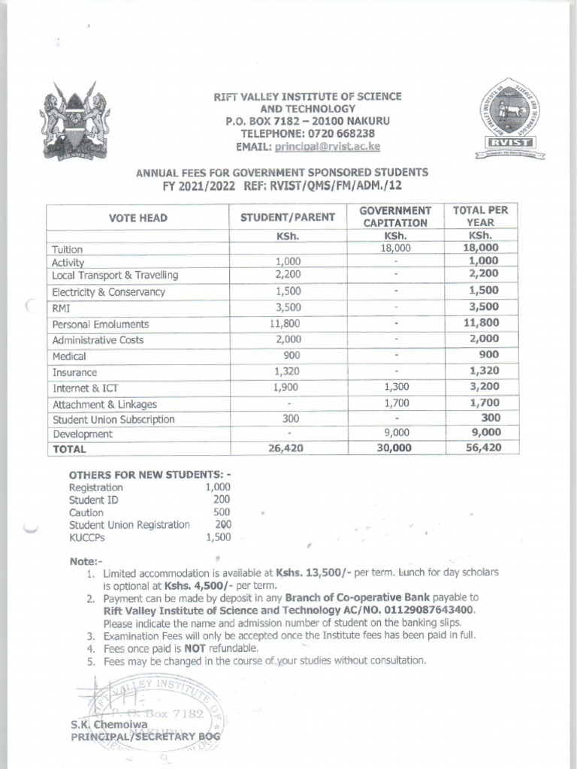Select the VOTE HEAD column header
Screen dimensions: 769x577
(137, 218)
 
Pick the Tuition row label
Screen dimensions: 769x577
(67, 249)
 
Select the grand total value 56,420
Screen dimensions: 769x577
(482, 448)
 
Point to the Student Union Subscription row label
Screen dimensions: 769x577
(113, 419)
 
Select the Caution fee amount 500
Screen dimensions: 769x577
(222, 512)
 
